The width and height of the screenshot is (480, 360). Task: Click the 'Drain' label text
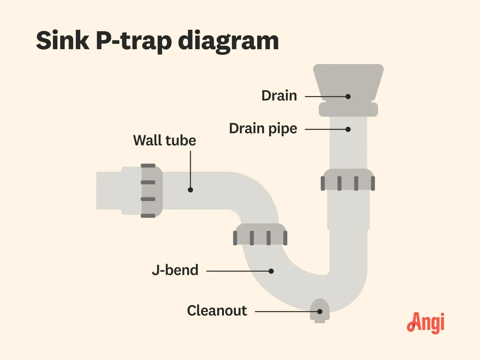pos(279,96)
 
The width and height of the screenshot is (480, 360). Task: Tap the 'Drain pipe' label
pos(263,128)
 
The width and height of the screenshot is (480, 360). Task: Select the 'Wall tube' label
pos(164,140)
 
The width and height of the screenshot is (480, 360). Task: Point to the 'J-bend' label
pos(175,270)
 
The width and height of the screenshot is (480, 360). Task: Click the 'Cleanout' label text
pos(217,310)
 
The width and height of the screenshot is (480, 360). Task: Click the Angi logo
pos(426,323)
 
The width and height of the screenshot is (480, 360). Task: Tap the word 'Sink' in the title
pos(63,41)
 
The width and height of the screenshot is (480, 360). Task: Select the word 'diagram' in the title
pos(228,42)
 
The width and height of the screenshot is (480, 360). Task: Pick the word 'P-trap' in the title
pos(134,42)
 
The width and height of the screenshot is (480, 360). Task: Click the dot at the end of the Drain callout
pos(348,96)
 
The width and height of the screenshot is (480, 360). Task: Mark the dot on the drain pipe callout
pos(348,129)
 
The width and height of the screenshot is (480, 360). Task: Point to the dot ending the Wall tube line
pos(190,190)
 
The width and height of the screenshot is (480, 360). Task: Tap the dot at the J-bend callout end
pos(271,271)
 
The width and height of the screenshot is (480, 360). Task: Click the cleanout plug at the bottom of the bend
pos(320,311)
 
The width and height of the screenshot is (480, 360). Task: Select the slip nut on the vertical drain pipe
pos(348,180)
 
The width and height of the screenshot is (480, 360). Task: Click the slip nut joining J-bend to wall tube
pos(260,234)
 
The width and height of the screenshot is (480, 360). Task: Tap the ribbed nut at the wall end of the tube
pos(152,191)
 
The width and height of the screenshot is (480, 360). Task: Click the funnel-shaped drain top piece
pos(348,83)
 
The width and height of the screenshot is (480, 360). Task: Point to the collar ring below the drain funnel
pos(348,109)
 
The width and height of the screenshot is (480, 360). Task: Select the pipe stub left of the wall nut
pos(118,191)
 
